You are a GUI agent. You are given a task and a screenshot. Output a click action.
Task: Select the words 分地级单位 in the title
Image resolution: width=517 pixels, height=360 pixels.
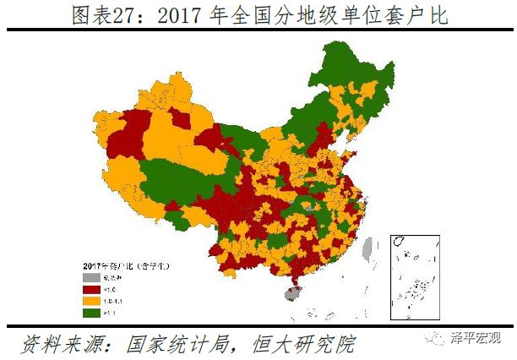pos(321,15)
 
